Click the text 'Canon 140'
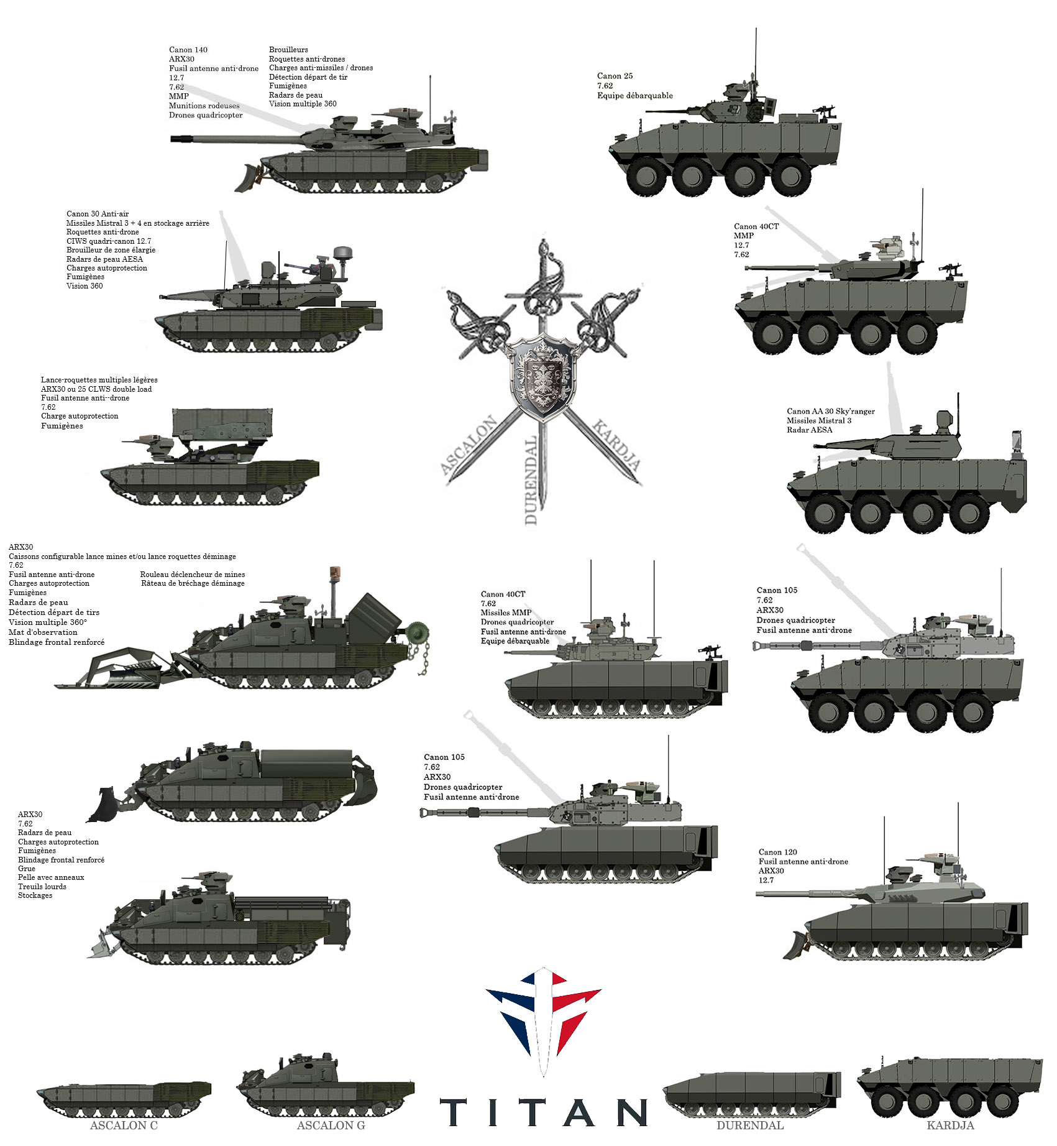(x=188, y=50)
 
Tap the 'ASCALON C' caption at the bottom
(x=124, y=1125)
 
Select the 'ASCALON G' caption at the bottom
(x=331, y=1125)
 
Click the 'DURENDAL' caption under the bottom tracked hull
(x=750, y=1125)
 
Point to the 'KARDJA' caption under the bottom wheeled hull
(x=950, y=1125)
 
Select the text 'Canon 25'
(x=615, y=76)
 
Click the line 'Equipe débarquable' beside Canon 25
(x=635, y=96)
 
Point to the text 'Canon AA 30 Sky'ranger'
(x=831, y=411)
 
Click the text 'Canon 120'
(x=778, y=852)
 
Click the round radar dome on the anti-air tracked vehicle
(x=343, y=253)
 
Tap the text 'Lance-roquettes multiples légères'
(x=99, y=380)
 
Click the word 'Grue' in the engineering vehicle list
(x=27, y=869)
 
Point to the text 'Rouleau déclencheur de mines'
(x=193, y=575)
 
